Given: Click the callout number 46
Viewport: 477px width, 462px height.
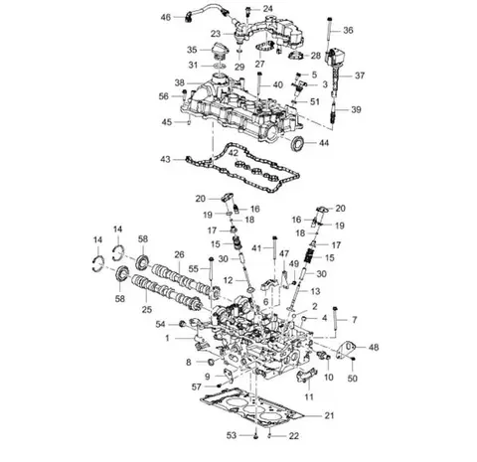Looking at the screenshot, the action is (x=166, y=17).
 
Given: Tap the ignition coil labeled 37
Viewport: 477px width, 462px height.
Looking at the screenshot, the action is (x=335, y=68).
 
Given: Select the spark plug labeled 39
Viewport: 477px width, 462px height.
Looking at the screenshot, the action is (x=334, y=111).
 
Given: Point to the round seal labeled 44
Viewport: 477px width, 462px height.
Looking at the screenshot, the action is (x=297, y=143).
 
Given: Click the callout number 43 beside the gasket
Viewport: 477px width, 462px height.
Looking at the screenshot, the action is (x=165, y=159).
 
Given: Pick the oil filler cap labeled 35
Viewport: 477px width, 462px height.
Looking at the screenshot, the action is (x=220, y=51).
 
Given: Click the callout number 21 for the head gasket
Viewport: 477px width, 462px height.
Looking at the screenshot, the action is (x=329, y=415).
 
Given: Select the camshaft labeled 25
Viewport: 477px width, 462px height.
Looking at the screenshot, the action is (x=166, y=291).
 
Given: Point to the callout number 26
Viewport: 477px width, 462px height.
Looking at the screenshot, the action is (x=179, y=254).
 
